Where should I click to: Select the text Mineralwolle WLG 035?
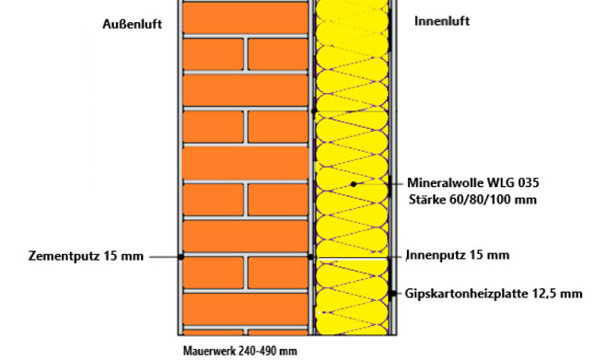(472, 181)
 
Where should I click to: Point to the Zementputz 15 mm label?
(74, 256)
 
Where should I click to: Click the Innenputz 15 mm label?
(457, 255)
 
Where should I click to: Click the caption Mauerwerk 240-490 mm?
(239, 351)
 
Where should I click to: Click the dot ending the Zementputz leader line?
(181, 256)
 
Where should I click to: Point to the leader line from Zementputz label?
(164, 256)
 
